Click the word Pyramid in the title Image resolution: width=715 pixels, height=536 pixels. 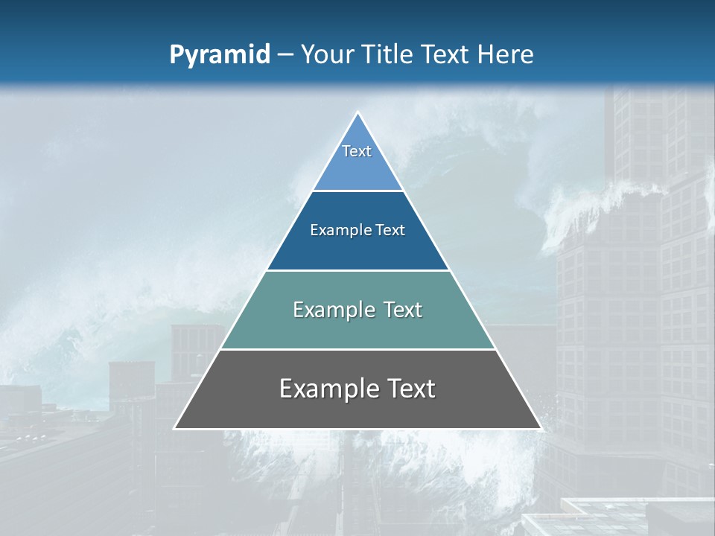tap(220, 55)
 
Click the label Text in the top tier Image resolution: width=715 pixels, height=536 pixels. tap(357, 151)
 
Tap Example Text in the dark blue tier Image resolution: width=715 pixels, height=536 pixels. tap(357, 230)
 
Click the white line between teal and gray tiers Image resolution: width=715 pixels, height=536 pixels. tap(357, 349)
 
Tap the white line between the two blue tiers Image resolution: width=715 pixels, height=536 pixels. tap(357, 191)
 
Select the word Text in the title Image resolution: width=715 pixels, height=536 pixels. tap(448, 55)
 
